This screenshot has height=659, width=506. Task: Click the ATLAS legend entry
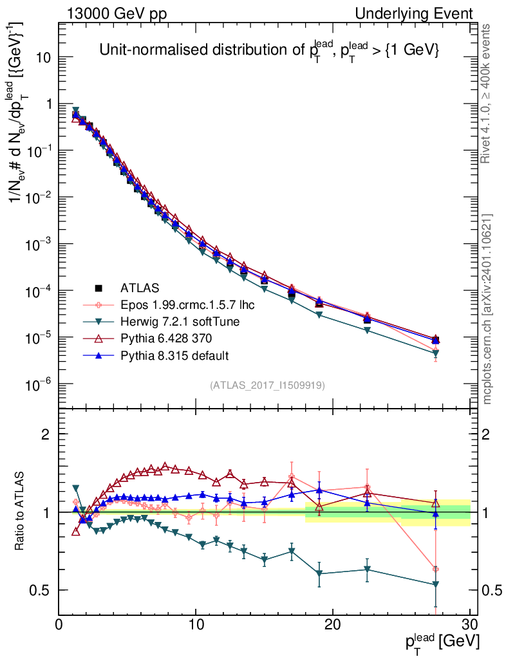(x=140, y=288)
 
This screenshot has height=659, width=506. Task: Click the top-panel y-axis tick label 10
(x=44, y=57)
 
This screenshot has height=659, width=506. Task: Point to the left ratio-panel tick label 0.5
(x=42, y=590)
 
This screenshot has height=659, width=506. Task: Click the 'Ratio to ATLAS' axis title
(x=21, y=512)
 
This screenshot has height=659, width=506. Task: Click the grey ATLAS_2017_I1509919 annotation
(x=267, y=385)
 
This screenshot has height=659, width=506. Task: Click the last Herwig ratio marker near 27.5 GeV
(x=436, y=584)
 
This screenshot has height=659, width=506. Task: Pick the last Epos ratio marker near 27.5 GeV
(x=436, y=569)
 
